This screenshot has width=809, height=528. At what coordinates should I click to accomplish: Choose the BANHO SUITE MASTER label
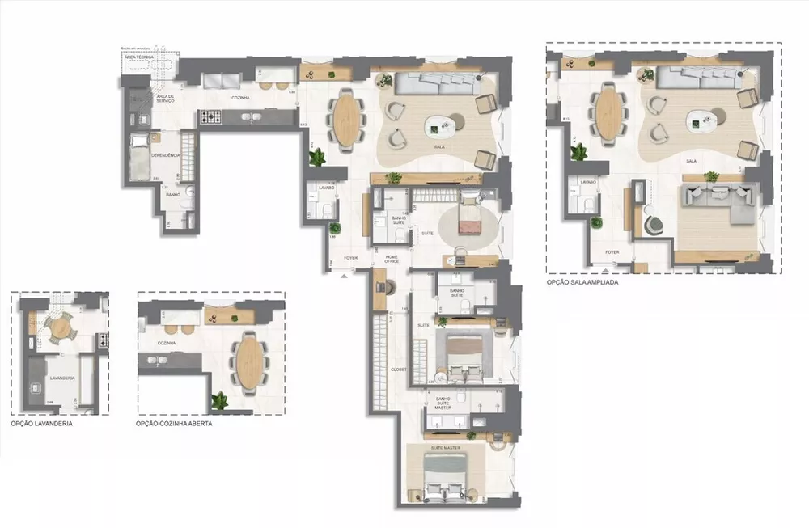443,403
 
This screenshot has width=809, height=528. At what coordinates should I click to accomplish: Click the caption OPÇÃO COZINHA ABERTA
174,422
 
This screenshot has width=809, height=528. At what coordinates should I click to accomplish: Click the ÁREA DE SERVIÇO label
165,98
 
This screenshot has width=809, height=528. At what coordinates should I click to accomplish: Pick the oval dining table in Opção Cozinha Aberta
248,361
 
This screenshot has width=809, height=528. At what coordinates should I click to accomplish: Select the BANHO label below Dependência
172,195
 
